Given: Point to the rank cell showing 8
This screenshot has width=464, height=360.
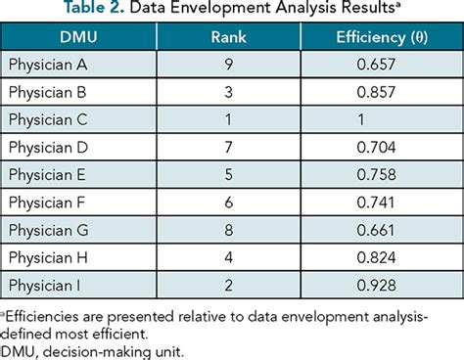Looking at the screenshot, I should coord(230,232).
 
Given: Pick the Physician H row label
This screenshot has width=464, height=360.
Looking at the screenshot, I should coord(49,259).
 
